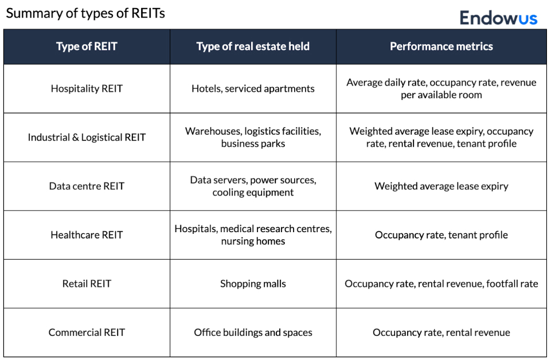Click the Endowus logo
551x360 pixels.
click(x=498, y=17)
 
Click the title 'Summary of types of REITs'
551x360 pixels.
click(x=85, y=14)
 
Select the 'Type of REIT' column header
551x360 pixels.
click(x=87, y=47)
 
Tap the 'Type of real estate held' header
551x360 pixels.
click(x=253, y=47)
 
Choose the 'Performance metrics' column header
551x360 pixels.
click(x=441, y=47)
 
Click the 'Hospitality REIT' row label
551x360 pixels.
click(x=87, y=89)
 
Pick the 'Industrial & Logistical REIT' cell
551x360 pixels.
click(x=87, y=138)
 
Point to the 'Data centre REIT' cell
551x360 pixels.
click(x=87, y=186)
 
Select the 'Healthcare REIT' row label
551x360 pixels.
click(x=87, y=235)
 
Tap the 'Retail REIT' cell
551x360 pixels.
click(x=87, y=284)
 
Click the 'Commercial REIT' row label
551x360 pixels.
click(x=87, y=332)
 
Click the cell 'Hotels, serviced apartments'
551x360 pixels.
click(x=253, y=89)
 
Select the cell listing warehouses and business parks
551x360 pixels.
click(x=253, y=138)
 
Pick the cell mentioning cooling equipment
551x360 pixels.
click(x=253, y=186)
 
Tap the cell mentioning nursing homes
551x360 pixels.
click(x=253, y=235)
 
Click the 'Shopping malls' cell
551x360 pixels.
click(x=253, y=284)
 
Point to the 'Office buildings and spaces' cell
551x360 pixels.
click(x=253, y=332)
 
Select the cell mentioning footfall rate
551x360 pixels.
click(x=441, y=284)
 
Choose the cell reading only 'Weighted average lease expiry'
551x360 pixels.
click(x=441, y=186)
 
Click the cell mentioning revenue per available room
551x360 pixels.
click(x=441, y=89)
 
